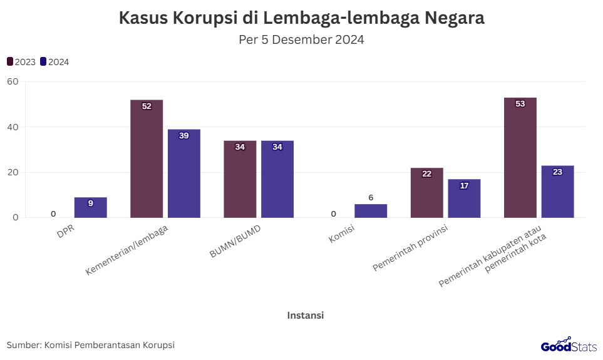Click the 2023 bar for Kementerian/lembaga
coord(147,159)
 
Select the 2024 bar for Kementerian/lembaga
coord(184,173)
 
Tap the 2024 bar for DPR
coord(91,208)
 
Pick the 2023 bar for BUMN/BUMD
coord(240,179)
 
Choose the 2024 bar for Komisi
coord(371,211)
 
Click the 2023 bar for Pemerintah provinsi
coord(427,193)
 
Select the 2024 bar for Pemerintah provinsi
coord(464,198)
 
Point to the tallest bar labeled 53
coord(520,158)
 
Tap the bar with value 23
coord(557,192)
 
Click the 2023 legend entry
coord(21,62)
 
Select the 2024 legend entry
coord(54,62)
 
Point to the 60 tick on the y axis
coord(13,81)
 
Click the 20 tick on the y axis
coord(13,172)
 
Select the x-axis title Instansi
coord(305,315)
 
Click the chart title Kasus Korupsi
coord(301,18)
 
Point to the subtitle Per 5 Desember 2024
coord(301,40)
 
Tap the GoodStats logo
coord(569,344)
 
